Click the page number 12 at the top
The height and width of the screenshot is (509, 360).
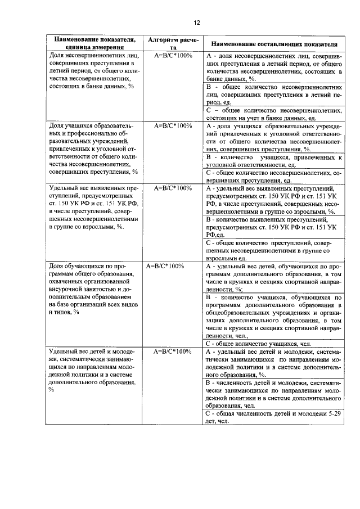click(196, 22)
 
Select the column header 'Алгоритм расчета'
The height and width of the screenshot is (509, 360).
click(173, 44)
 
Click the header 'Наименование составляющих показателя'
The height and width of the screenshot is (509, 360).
click(274, 44)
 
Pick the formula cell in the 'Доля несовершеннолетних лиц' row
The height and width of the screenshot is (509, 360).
click(173, 56)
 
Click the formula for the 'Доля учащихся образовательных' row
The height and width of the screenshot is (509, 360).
click(173, 126)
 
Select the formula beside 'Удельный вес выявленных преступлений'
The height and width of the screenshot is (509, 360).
click(173, 188)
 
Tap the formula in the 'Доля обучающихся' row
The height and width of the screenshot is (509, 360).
click(165, 265)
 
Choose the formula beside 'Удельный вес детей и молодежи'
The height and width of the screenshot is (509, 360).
click(173, 352)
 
